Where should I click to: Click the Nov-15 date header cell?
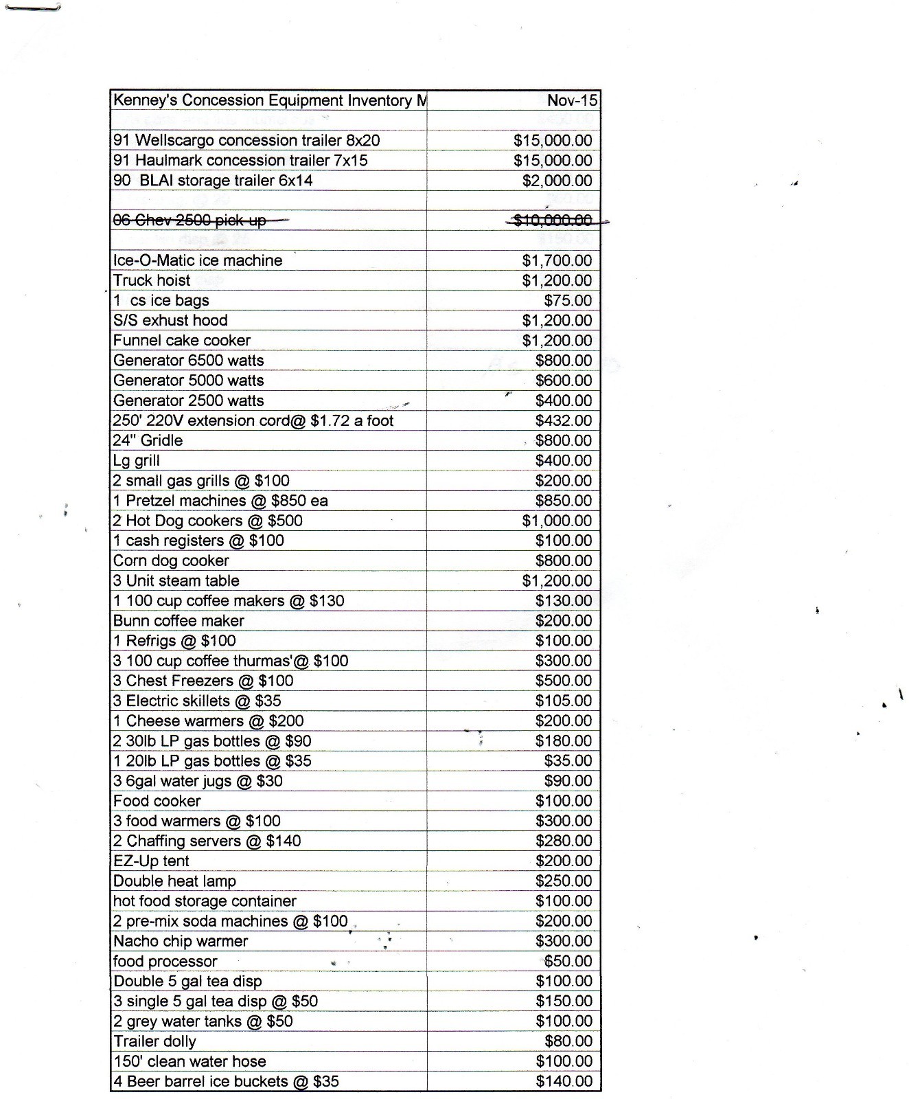pos(572,100)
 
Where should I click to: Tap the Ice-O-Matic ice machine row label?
pos(198,260)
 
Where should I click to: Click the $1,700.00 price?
pos(557,260)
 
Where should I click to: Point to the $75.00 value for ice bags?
pos(568,300)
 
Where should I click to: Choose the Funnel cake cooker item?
pos(182,340)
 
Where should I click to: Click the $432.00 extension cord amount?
pos(564,420)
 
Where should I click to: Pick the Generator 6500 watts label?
pos(188,360)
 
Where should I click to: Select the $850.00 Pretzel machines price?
pos(564,500)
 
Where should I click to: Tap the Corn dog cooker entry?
pos(171,560)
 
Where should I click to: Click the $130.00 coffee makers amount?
pos(564,600)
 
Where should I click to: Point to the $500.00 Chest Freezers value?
pos(564,681)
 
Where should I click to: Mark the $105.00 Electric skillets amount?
pos(564,701)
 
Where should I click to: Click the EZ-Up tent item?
pos(151,861)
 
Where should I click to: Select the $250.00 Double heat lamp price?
pos(564,881)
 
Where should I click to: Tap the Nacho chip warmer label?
pos(181,941)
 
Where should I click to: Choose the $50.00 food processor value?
pos(568,961)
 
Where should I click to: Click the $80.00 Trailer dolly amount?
pos(568,1041)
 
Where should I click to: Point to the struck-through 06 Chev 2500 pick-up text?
pos(189,220)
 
